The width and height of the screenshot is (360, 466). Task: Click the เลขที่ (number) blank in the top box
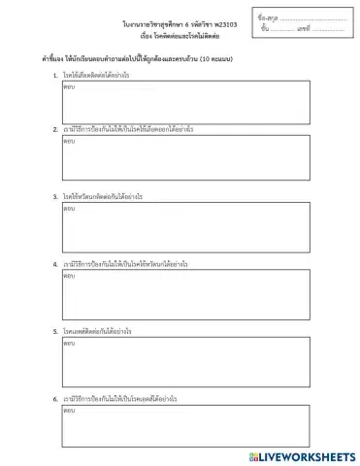333,29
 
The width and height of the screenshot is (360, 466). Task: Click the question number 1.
55,75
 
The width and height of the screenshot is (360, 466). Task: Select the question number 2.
55,128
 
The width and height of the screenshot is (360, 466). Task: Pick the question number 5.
55,331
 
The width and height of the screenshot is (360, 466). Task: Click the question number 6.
55,399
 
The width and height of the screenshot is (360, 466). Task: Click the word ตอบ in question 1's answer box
69,86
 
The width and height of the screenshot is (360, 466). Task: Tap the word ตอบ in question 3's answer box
69,208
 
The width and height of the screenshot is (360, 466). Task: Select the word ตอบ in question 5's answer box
69,343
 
